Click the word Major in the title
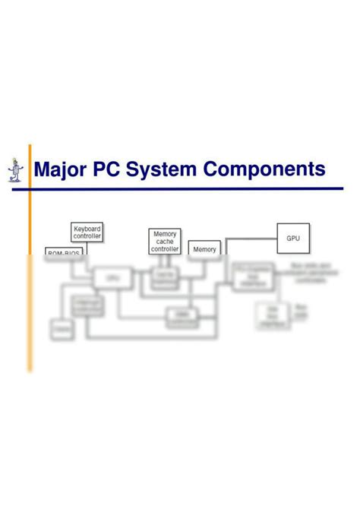pyautogui.click(x=61, y=169)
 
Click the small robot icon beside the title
pyautogui.click(x=14, y=171)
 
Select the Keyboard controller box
pyautogui.click(x=87, y=232)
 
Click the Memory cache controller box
pyautogui.click(x=165, y=242)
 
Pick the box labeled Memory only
pyautogui.click(x=204, y=249)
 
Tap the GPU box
pyautogui.click(x=293, y=238)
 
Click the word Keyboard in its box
pyautogui.click(x=87, y=228)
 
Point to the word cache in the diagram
pyautogui.click(x=165, y=242)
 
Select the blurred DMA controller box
pyautogui.click(x=182, y=318)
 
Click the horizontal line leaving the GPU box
pyautogui.click(x=251, y=238)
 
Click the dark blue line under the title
pyautogui.click(x=182, y=188)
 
